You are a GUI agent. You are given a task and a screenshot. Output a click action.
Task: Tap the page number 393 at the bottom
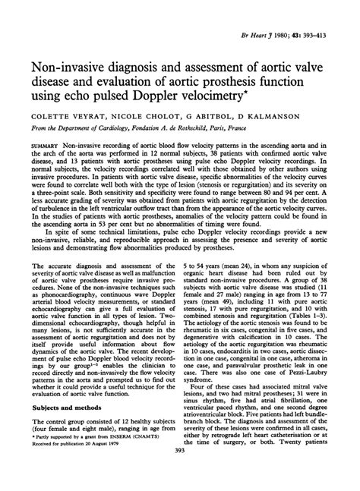179,484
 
